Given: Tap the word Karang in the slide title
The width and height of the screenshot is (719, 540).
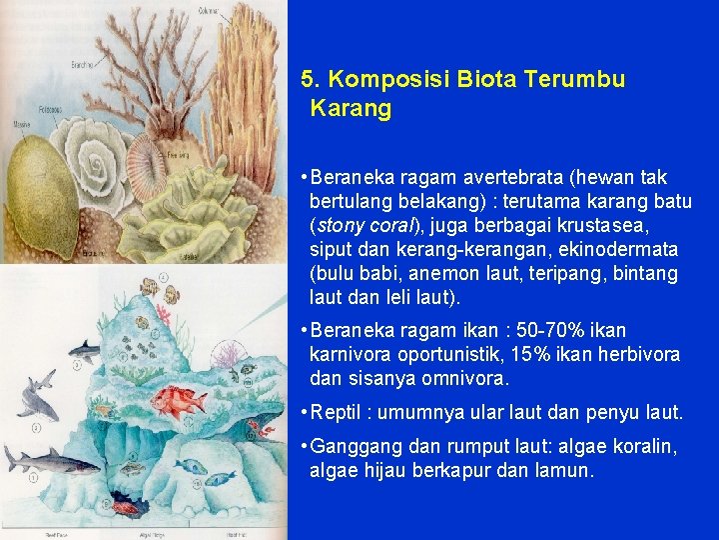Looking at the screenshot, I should coord(351,109).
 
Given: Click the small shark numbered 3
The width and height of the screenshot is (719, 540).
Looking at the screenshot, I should coord(84,350).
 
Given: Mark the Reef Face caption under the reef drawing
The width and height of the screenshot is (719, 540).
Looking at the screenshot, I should coord(19,535).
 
